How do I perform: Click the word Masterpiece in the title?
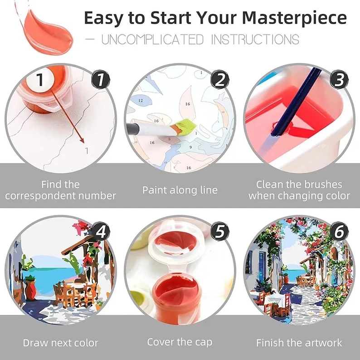pyautogui.click(x=294, y=18)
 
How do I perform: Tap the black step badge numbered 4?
pyautogui.click(x=101, y=231)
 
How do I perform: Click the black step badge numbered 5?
pyautogui.click(x=220, y=231)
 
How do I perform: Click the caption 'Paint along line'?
pyautogui.click(x=180, y=190)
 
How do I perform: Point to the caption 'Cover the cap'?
pyautogui.click(x=180, y=342)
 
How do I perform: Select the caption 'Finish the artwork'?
pyautogui.click(x=299, y=342)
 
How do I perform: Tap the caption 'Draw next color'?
pyautogui.click(x=60, y=342)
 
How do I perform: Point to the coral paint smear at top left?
pyautogui.click(x=45, y=25)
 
